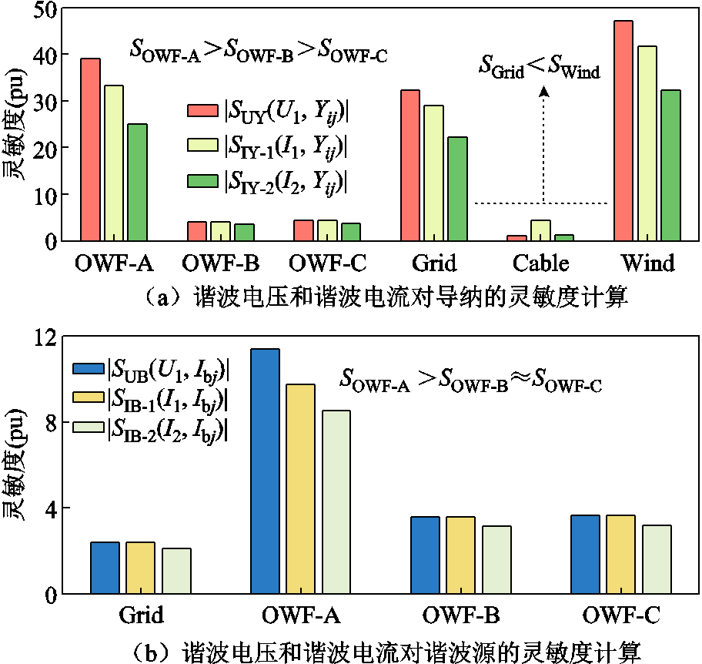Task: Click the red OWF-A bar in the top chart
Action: pyautogui.click(x=91, y=149)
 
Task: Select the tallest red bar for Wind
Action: pyautogui.click(x=623, y=131)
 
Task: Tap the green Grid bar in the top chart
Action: pyautogui.click(x=458, y=189)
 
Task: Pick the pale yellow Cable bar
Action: pyautogui.click(x=541, y=230)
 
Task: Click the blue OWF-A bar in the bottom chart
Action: pyautogui.click(x=266, y=471)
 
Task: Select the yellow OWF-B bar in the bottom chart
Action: pyautogui.click(x=461, y=555)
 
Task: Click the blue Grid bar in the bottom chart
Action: pyautogui.click(x=105, y=568)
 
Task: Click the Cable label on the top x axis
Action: pyautogui.click(x=541, y=263)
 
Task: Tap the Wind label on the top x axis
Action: pyautogui.click(x=647, y=263)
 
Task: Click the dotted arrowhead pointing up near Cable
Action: pyautogui.click(x=544, y=91)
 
